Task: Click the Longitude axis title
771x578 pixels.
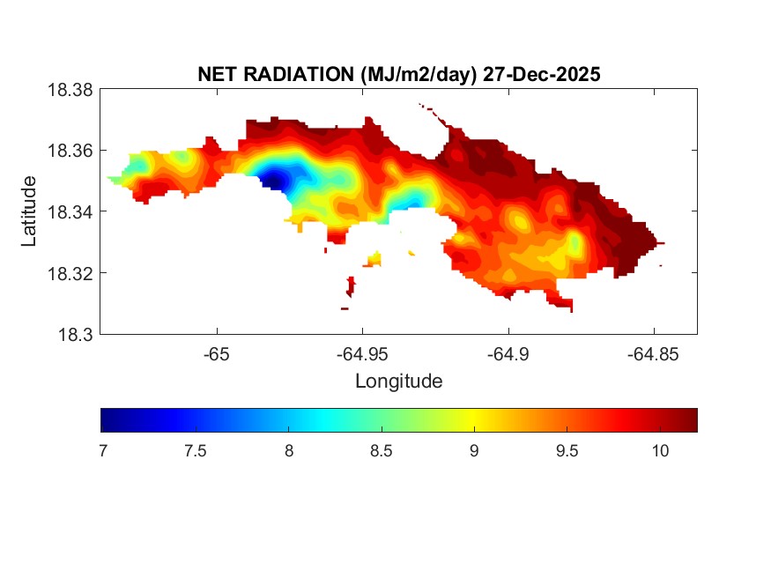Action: pos(398,382)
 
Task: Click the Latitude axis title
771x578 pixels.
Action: pos(29,211)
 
